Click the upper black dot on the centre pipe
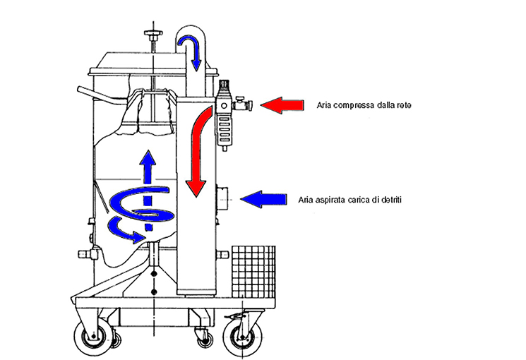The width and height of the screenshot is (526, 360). (154, 272)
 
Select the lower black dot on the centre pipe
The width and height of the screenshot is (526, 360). (154, 291)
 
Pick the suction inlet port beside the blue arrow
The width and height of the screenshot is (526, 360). (222, 198)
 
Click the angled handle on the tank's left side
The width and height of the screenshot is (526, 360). (95, 94)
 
